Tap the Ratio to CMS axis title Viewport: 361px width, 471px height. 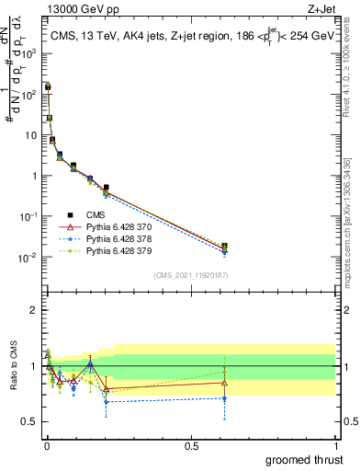point(13,365)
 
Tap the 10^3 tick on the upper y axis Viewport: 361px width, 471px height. point(28,53)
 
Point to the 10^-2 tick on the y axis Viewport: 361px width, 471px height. point(28,258)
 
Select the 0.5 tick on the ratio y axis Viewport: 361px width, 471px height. point(30,422)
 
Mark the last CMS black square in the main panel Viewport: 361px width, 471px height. point(225,247)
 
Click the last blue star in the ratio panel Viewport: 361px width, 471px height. point(225,398)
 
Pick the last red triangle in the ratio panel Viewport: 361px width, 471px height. point(225,383)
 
